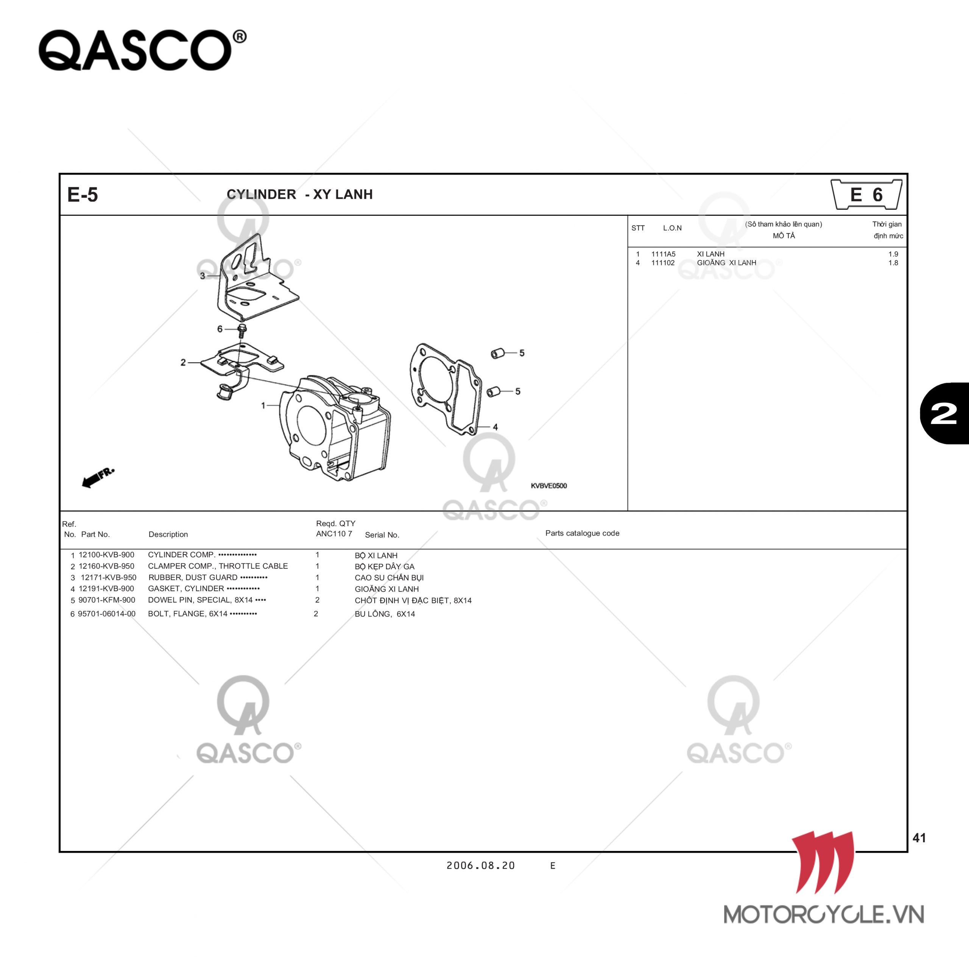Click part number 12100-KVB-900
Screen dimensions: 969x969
[x=106, y=555]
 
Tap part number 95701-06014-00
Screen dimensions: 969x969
[x=106, y=614]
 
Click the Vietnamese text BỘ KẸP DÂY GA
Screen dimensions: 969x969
[x=385, y=567]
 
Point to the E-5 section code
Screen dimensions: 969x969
[x=83, y=195]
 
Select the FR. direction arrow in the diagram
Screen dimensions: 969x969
[x=98, y=477]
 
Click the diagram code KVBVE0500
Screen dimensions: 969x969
[x=549, y=486]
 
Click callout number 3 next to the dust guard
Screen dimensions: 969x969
[x=203, y=276]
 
